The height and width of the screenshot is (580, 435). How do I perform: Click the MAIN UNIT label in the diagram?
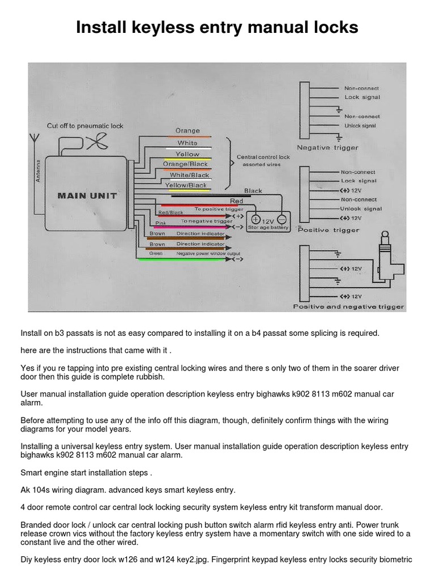point(87,195)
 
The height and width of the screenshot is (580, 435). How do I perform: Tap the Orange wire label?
point(187,131)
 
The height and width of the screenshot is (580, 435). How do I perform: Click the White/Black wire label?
point(190,175)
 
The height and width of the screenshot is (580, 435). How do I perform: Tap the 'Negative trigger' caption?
point(327,148)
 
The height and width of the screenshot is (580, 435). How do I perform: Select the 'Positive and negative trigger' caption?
point(348,306)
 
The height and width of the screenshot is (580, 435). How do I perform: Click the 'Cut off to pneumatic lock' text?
point(85,126)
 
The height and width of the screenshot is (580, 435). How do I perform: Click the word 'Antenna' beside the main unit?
point(39,170)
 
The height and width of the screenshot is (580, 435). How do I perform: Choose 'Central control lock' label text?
point(263,157)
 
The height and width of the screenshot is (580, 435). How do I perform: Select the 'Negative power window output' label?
point(208,253)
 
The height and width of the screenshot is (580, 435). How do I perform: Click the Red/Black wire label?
point(170,212)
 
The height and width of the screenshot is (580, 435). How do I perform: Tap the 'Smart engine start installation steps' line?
point(87,472)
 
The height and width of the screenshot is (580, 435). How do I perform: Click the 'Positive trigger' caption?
point(329,230)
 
